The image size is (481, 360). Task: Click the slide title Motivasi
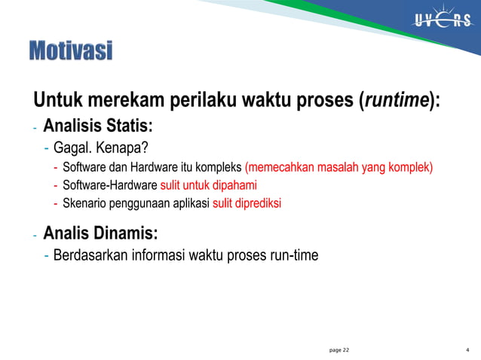click(x=70, y=51)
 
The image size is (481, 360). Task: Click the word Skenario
click(x=85, y=203)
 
